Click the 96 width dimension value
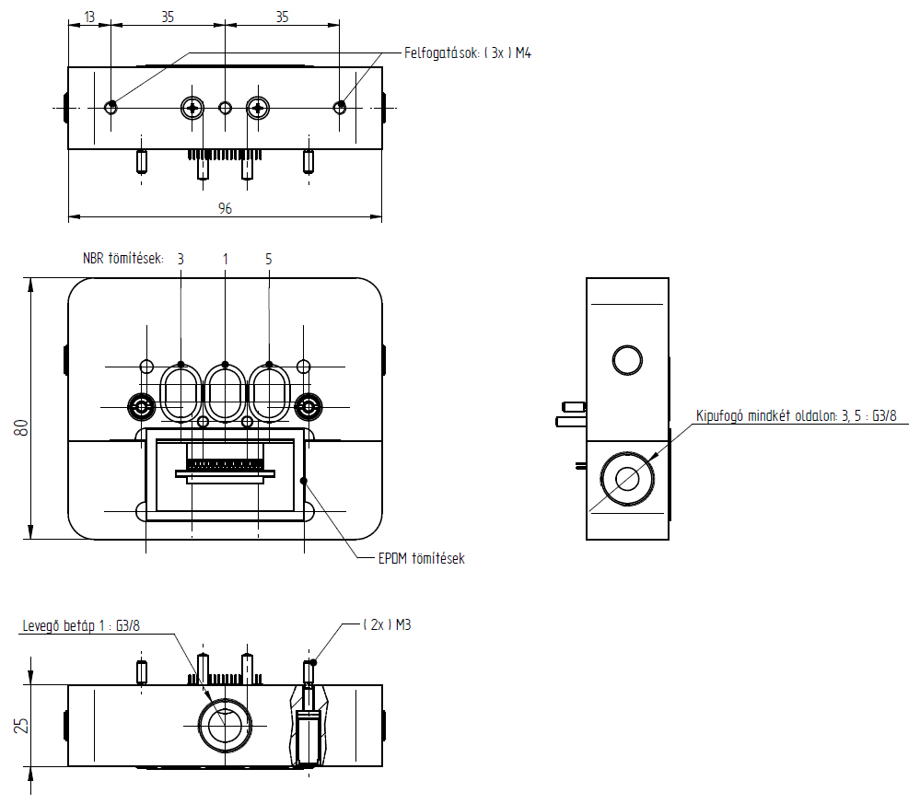[x=225, y=209]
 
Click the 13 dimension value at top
[x=88, y=17]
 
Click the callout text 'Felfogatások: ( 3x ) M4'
[x=468, y=53]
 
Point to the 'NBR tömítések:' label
[x=122, y=260]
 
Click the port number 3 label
[x=181, y=260]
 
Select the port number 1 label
[x=225, y=260]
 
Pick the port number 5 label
[x=269, y=260]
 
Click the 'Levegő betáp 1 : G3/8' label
[x=81, y=626]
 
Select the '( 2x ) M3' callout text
[x=387, y=624]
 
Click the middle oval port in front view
[x=225, y=391]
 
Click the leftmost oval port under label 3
[x=181, y=391]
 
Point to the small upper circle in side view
[x=628, y=360]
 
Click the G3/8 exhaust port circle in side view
[x=628, y=478]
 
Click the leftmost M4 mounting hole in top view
[x=111, y=107]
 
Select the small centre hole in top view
[x=225, y=108]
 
